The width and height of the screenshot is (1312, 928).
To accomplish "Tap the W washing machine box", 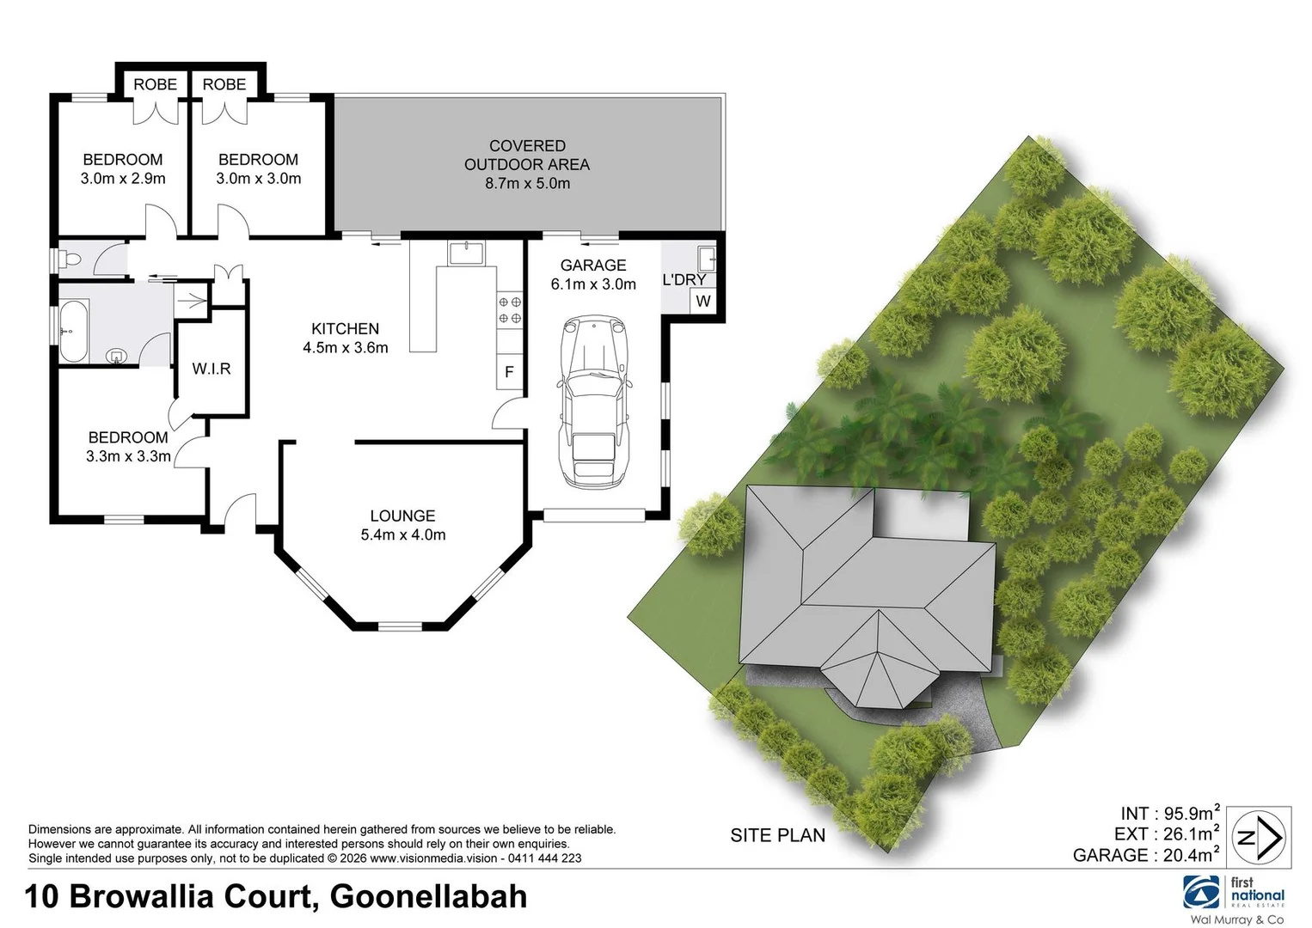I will coord(703,301).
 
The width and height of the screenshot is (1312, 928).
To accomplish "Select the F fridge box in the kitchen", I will coord(509,372).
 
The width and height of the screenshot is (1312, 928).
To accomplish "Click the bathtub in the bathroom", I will coord(73,331).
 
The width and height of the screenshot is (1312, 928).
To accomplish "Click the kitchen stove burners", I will coord(510,310).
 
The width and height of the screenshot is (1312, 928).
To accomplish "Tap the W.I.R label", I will coord(212,369).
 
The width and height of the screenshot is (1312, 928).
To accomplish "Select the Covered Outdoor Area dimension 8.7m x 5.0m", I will coord(527,183).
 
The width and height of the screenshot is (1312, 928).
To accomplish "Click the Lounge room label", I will coord(402,516).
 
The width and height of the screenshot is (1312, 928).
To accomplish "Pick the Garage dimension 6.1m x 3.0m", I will coord(593,284).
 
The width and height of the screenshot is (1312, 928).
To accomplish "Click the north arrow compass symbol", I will coord(1259,837).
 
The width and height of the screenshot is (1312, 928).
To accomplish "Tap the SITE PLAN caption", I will coord(777,835).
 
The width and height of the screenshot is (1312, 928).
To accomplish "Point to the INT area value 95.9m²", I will coord(1190,813).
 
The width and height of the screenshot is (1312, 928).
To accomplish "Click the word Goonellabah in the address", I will coord(428,896).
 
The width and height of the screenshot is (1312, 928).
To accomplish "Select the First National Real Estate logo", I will coord(1234,893).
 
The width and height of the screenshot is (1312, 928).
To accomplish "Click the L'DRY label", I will coord(684,279).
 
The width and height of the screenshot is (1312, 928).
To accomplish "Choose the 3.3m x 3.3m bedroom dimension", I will coord(128,456).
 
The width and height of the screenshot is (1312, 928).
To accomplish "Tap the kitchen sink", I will coord(467,253).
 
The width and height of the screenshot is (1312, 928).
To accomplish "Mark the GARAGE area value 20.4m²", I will coord(1190,854).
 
